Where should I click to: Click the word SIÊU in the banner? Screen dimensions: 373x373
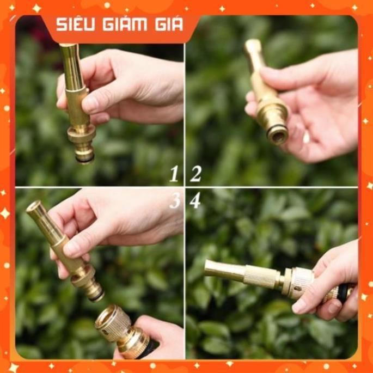click(75, 25)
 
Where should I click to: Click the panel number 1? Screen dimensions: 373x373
click(174, 174)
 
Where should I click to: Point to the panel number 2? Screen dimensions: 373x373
click(196, 174)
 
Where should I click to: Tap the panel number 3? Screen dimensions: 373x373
click(175, 200)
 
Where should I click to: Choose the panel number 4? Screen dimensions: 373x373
click(195, 200)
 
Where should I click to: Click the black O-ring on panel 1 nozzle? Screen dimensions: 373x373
click(85, 159)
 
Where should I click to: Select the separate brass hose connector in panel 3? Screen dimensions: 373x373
click(123, 331)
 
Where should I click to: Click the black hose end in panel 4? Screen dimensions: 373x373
click(343, 293)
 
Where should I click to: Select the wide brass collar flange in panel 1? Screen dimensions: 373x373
click(81, 134)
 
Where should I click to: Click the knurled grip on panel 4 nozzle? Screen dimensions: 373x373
click(262, 276)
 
